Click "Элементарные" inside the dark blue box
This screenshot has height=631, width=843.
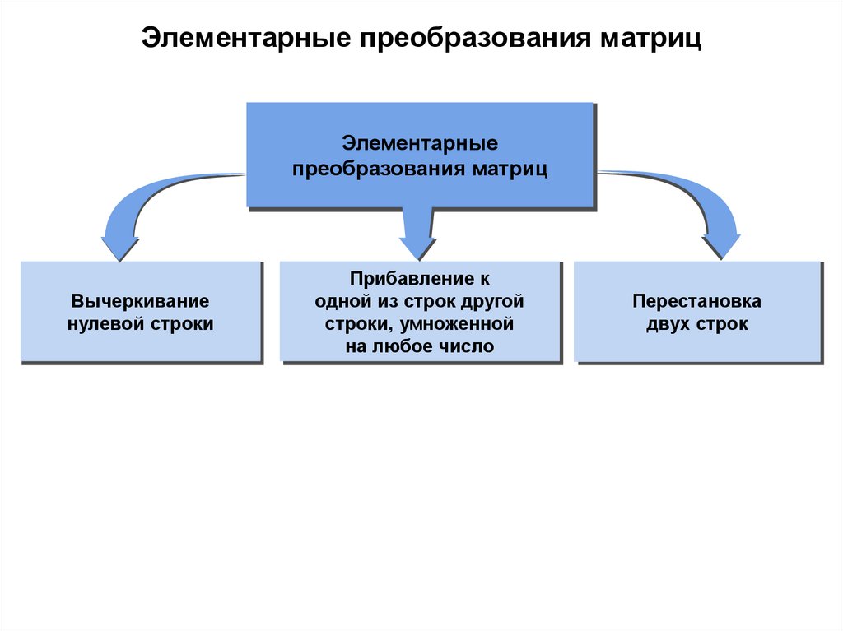point(421,143)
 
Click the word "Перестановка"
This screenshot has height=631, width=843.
point(696,301)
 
